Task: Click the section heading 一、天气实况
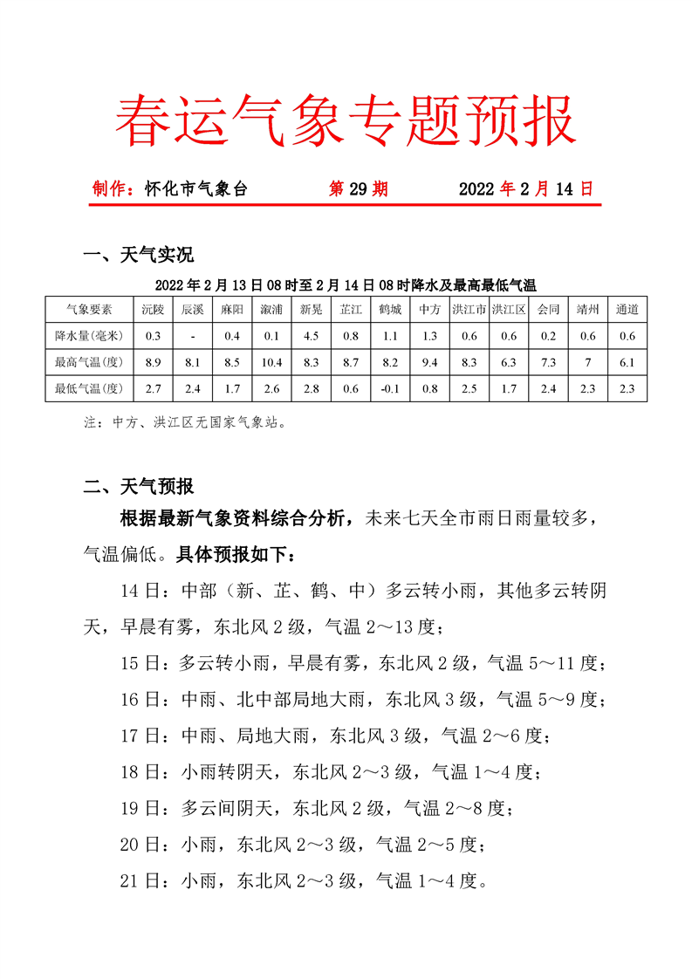click(x=137, y=256)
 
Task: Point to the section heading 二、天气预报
click(x=137, y=487)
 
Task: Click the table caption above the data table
click(x=345, y=284)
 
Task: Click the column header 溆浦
click(x=271, y=309)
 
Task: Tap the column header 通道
click(x=627, y=309)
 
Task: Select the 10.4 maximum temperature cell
click(x=271, y=363)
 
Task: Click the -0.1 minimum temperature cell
click(x=390, y=389)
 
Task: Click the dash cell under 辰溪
click(x=193, y=336)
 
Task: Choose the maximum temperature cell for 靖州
click(x=587, y=363)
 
